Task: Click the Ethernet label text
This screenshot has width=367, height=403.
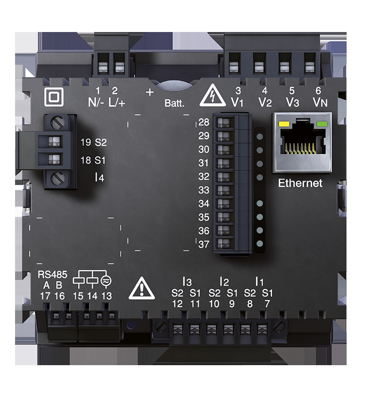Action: click(300, 183)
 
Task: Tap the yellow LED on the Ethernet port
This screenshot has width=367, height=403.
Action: click(284, 124)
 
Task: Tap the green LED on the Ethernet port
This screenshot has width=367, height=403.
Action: click(322, 124)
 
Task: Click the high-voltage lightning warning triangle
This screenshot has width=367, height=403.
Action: click(213, 96)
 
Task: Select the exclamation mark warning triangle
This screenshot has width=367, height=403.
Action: click(142, 289)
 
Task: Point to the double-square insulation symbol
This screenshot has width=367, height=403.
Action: click(54, 97)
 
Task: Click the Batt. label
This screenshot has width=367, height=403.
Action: click(174, 103)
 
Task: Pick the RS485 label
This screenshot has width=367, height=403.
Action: click(52, 275)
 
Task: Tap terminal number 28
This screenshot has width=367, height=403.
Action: click(204, 122)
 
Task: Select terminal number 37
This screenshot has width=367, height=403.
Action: click(204, 244)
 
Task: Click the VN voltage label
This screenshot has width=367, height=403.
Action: click(320, 102)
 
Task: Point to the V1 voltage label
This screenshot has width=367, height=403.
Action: click(237, 102)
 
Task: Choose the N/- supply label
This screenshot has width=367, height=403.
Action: click(96, 103)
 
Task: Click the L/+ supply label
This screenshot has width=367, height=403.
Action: click(117, 103)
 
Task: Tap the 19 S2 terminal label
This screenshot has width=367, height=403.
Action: click(94, 143)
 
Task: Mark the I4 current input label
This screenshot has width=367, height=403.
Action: click(100, 177)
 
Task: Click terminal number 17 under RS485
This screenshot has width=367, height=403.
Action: click(45, 296)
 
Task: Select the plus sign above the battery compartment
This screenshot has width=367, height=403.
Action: click(150, 92)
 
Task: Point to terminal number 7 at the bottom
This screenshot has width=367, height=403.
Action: click(267, 304)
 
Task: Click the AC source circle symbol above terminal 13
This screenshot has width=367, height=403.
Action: click(106, 281)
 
